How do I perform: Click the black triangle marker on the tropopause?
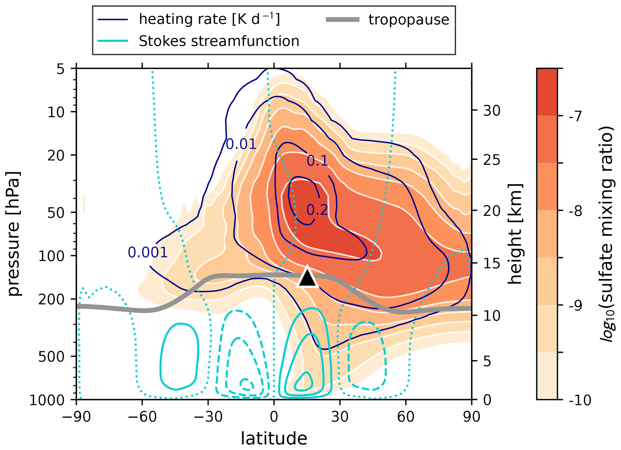[x=307, y=278]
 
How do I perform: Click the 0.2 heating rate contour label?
[x=317, y=210]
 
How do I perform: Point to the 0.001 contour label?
[x=148, y=252]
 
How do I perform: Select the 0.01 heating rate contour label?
[x=241, y=144]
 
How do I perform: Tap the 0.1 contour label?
[x=317, y=161]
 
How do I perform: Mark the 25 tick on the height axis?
[x=492, y=160]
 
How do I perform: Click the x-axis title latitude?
[x=274, y=439]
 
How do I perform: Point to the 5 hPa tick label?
[x=60, y=69]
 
